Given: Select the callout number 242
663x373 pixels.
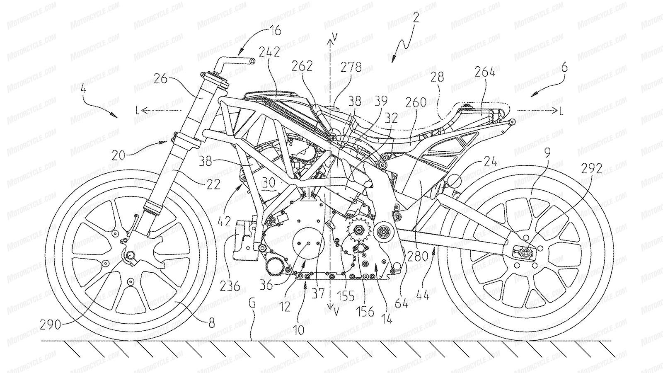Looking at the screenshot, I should [x=269, y=52].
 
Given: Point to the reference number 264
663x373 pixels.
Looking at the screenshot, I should [x=485, y=72].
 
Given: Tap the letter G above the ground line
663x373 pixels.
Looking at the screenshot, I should [x=253, y=306].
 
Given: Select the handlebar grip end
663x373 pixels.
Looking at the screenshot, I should [x=252, y=61].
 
